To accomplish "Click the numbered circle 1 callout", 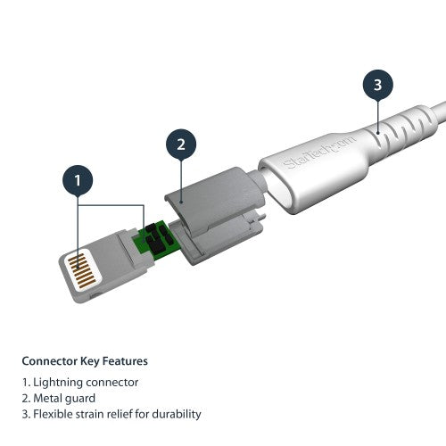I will [x=78, y=181].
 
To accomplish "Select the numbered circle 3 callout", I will [x=377, y=86].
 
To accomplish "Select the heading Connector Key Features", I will [x=85, y=361].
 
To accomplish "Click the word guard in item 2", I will [x=80, y=398].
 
